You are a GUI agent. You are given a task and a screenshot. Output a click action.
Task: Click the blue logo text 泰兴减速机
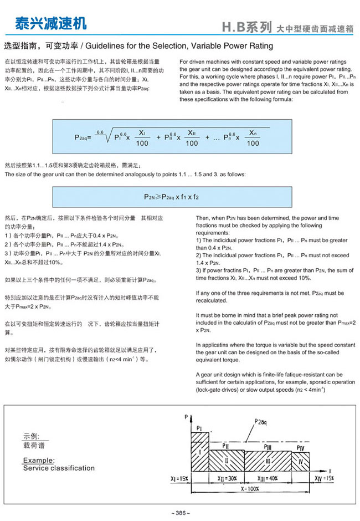(x=50, y=23)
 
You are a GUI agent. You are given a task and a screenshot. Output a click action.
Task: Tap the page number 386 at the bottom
(x=181, y=513)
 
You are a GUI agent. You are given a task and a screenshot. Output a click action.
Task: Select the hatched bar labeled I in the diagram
(x=199, y=452)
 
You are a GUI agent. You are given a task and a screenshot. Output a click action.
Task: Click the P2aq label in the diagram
(x=258, y=422)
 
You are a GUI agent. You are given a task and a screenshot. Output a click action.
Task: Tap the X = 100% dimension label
(x=250, y=489)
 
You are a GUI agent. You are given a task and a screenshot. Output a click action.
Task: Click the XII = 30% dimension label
(x=227, y=478)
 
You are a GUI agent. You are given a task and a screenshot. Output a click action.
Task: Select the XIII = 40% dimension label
(x=268, y=478)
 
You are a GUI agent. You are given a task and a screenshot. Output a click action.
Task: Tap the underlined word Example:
(x=39, y=460)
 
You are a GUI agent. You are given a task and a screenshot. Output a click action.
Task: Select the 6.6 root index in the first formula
(x=100, y=131)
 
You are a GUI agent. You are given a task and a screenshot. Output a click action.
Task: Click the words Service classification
(x=59, y=468)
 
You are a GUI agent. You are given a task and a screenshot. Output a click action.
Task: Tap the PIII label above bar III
(x=268, y=446)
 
